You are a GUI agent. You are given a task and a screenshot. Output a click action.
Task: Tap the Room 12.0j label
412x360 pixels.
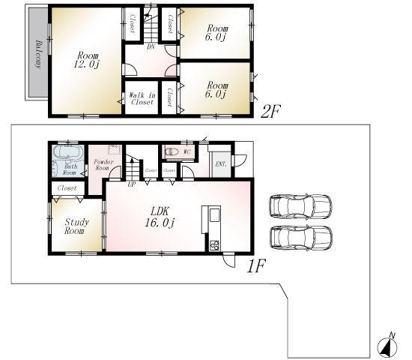click(86, 60)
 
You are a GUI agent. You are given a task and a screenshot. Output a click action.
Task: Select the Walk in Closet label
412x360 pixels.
click(142, 98)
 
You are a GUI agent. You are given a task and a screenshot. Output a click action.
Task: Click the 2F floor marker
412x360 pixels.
click(270, 112)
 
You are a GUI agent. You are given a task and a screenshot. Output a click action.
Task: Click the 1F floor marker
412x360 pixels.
click(256, 264)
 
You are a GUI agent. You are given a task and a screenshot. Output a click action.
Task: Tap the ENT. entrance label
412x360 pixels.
click(221, 163)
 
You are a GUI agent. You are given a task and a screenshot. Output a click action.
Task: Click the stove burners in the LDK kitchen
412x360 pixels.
click(213, 244)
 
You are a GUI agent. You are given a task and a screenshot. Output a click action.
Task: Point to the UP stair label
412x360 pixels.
click(133, 182)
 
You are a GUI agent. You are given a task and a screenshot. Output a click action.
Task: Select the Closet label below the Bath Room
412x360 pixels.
click(66, 187)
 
